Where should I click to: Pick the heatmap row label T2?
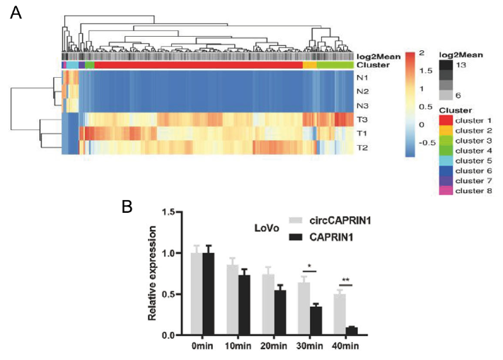click(363, 147)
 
